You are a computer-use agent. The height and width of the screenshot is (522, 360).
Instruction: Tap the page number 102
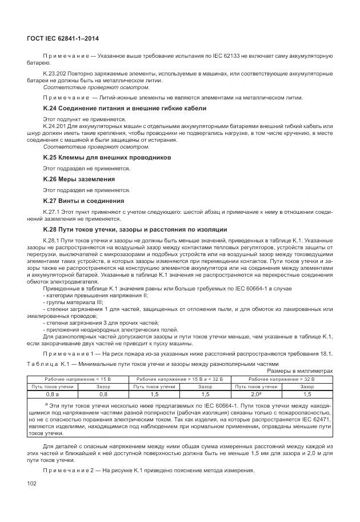[x=31, y=484]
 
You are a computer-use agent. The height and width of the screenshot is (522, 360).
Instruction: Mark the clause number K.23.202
[x=56, y=74]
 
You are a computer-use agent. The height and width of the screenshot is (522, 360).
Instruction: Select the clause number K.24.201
[x=56, y=125]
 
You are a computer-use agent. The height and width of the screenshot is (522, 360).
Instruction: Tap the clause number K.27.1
[x=52, y=211]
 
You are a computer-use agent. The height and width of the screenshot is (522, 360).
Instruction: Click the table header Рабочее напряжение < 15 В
[x=78, y=378]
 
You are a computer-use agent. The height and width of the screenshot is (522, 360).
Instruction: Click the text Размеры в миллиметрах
[x=300, y=370]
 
